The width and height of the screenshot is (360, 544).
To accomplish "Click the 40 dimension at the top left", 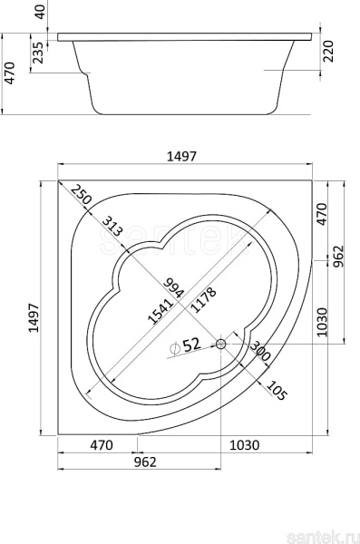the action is (40, 12).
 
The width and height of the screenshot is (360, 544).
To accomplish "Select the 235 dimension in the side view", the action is (38, 53).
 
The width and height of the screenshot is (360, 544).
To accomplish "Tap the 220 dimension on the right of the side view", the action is (327, 52).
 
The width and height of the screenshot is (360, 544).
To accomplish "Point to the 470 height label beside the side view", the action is (9, 73).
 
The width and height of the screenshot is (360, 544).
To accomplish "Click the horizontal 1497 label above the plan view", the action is (181, 157).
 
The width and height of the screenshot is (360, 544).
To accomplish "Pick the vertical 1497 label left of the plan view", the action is (34, 318).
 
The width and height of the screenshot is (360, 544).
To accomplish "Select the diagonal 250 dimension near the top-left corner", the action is (81, 194).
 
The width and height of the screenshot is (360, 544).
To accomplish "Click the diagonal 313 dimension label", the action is (112, 226).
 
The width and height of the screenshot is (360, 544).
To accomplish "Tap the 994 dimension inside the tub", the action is (173, 288).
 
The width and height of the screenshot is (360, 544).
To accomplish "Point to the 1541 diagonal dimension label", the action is (161, 312).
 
